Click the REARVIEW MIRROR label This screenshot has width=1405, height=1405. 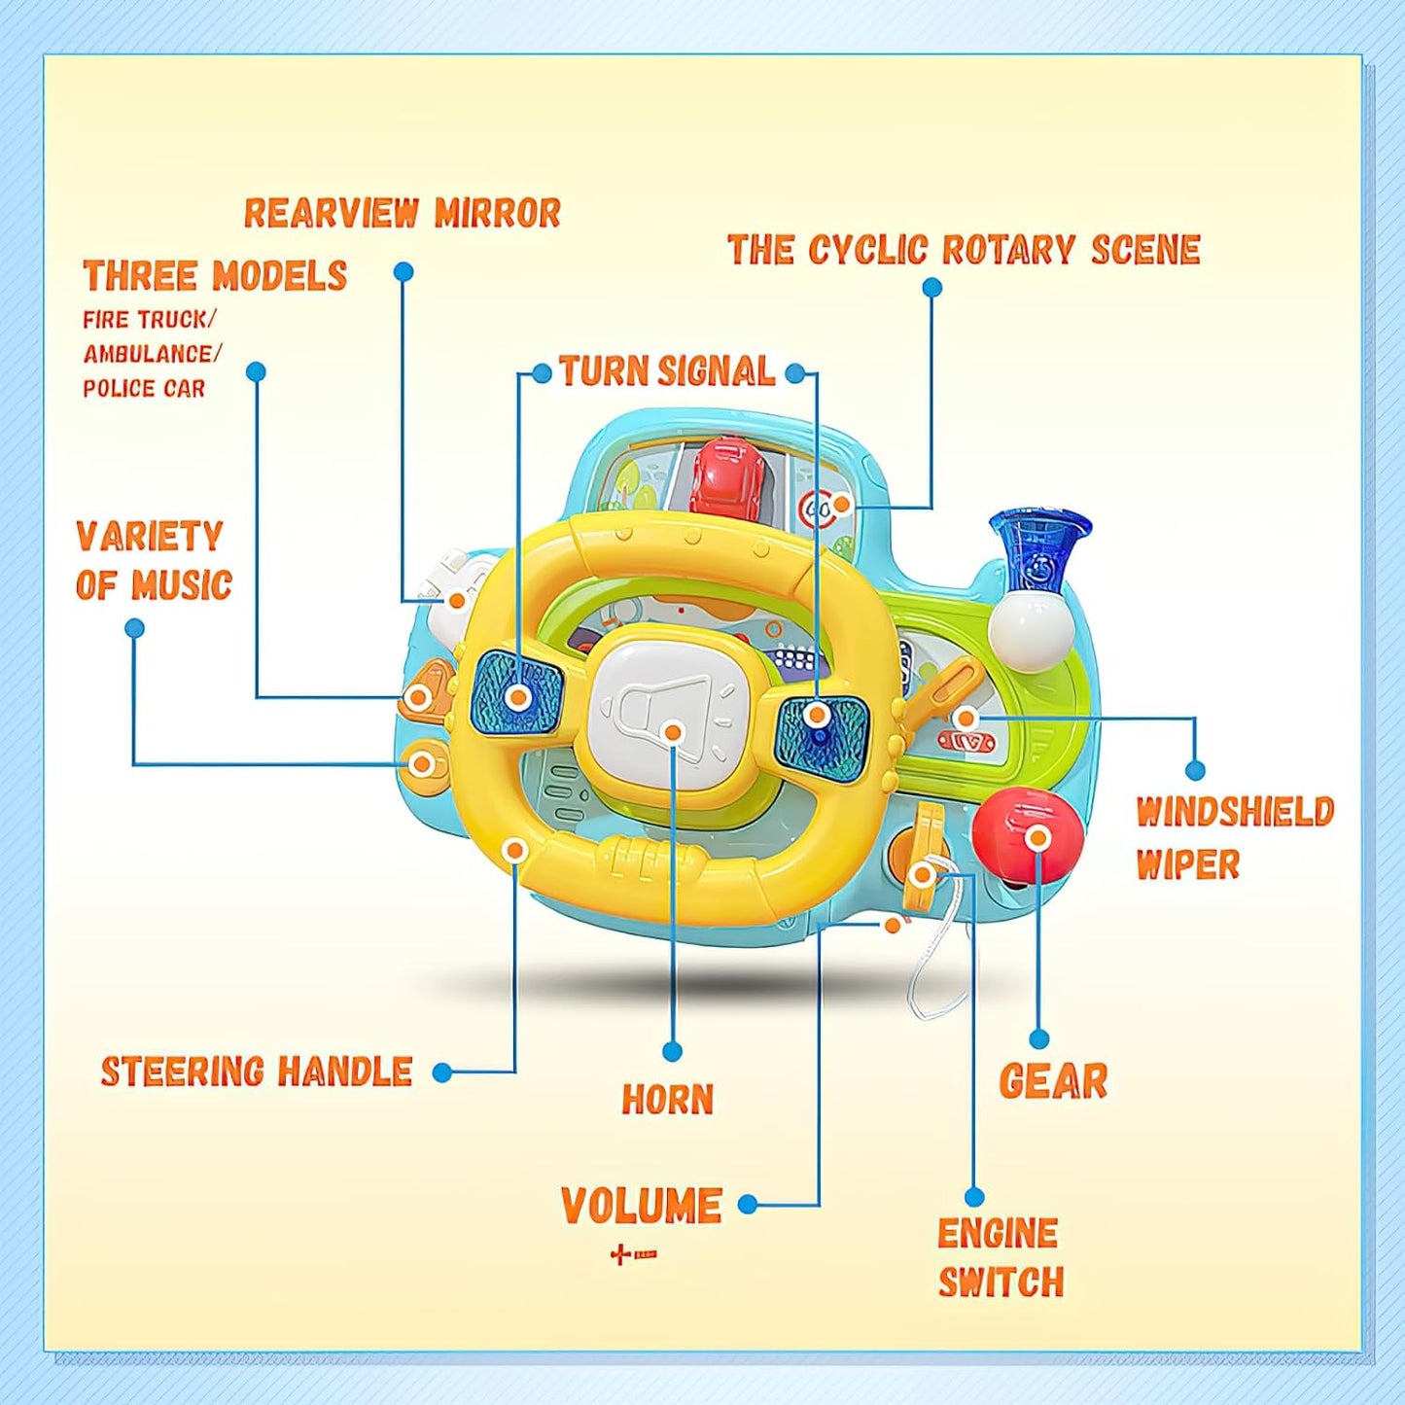[x=402, y=213]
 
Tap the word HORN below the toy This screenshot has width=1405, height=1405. [x=668, y=1100]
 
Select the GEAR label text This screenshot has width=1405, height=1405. [x=1053, y=1081]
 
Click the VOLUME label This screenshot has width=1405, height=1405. [x=642, y=1207]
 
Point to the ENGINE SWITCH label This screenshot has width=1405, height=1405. [x=1000, y=1258]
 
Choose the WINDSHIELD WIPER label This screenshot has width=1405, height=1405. [x=1234, y=837]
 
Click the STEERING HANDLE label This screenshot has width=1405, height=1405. [x=257, y=1071]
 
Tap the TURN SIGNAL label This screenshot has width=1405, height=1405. [x=667, y=371]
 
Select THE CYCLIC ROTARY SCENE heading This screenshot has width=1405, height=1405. [x=964, y=250]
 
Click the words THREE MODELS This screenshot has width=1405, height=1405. [x=215, y=276]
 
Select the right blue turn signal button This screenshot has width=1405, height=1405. [x=822, y=734]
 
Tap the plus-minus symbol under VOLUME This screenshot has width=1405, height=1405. [x=633, y=1255]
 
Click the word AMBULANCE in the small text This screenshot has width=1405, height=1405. [x=151, y=354]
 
